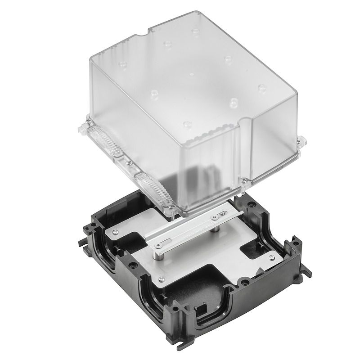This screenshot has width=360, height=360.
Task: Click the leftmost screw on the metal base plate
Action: pos(115,232)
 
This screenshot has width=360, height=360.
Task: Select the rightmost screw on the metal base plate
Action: pos(271,257)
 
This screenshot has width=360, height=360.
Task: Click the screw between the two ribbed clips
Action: pos(129,162)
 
